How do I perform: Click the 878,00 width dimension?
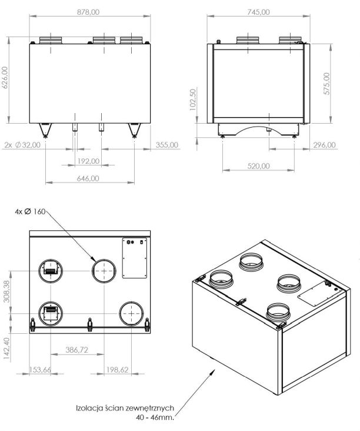(x=88, y=12)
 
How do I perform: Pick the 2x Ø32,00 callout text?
(x=22, y=145)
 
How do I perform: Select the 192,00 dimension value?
(x=88, y=161)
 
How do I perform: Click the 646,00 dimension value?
(x=88, y=178)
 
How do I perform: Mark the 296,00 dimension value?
(x=324, y=145)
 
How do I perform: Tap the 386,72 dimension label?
(x=77, y=350)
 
